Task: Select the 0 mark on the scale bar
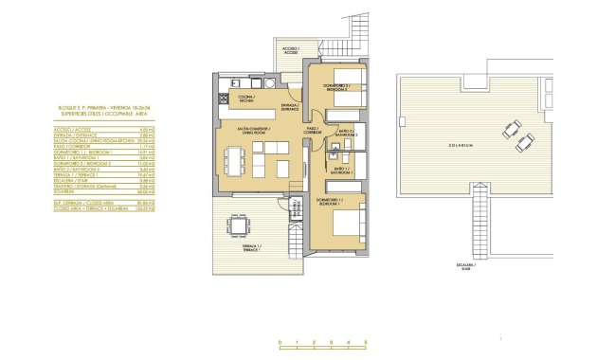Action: click(280, 341)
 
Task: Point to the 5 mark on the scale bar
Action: click(367, 341)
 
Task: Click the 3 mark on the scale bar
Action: click(333, 341)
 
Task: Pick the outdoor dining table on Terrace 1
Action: click(234, 227)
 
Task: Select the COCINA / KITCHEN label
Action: click(246, 98)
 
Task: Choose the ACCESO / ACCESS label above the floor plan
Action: click(289, 49)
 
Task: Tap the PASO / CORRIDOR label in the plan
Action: click(312, 131)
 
